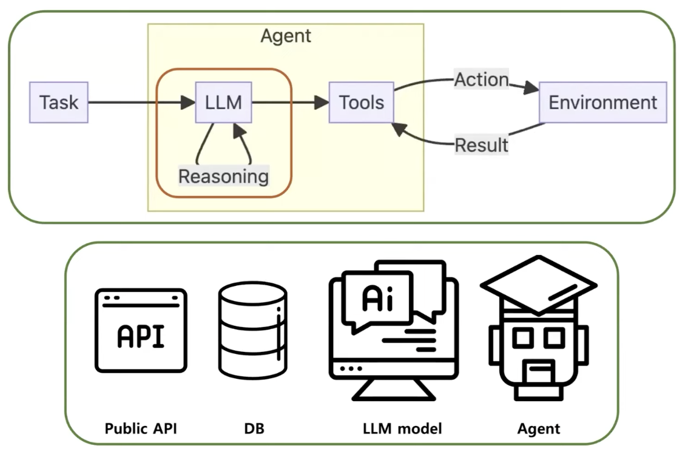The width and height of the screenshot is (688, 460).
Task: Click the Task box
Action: click(x=59, y=103)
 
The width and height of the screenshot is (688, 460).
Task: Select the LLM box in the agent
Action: click(x=223, y=103)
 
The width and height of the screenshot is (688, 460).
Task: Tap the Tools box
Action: click(x=361, y=103)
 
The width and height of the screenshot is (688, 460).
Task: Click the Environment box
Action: click(x=602, y=103)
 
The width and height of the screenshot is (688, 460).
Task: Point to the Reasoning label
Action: click(x=223, y=176)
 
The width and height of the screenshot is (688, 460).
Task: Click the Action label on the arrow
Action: click(x=482, y=79)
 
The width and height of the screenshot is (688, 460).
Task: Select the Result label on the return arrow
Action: click(x=482, y=145)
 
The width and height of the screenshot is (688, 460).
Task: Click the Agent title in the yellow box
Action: click(x=286, y=36)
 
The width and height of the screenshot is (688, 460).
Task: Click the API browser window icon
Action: click(x=141, y=330)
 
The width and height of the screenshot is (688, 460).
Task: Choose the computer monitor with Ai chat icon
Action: click(x=393, y=331)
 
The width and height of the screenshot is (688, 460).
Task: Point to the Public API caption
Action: click(x=141, y=428)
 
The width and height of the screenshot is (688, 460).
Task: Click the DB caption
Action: click(x=251, y=428)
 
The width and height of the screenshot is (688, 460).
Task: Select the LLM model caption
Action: click(x=402, y=428)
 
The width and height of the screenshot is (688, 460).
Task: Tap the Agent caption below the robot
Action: click(x=539, y=428)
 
